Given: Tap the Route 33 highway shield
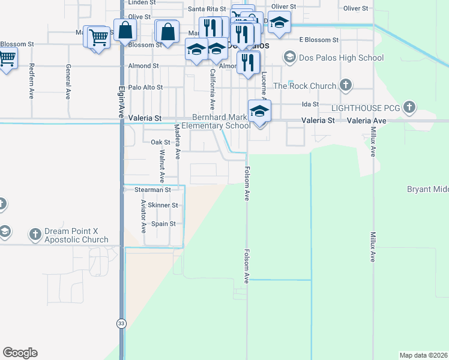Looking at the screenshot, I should point(122,323).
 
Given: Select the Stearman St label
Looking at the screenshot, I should point(152,190).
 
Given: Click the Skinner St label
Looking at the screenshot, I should point(163,205).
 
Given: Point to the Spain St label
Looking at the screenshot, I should point(163,224).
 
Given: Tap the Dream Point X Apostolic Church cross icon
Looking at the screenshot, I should point(36,233).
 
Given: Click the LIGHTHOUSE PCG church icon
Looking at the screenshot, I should point(409,108).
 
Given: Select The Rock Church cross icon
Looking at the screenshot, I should point(345,85).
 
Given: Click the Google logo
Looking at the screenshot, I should point(20,353).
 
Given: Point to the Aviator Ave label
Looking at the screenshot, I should point(143,217).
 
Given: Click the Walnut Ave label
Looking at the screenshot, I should point(161,166).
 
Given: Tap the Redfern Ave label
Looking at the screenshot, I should point(31,80).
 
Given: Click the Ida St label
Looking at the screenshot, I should point(310,104).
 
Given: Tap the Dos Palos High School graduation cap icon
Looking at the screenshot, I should point(290,58).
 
